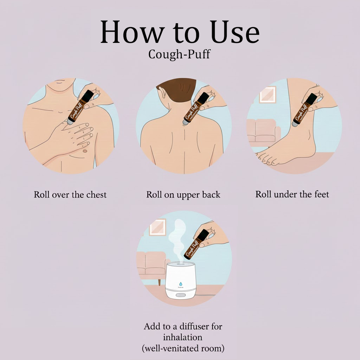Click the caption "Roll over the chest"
70,194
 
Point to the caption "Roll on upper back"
183,194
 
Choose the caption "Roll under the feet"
292,194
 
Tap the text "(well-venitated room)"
183,348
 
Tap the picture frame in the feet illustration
268,94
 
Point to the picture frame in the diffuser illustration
157,227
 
